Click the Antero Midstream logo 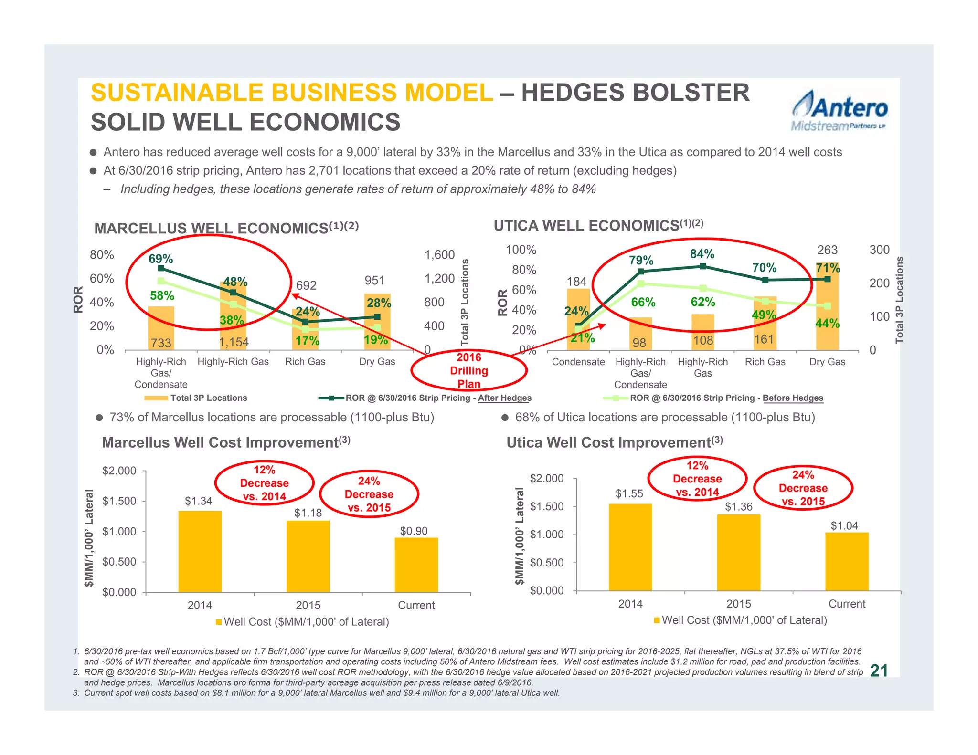tap(839, 111)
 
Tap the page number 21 tap(879, 671)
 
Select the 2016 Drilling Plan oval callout tap(468, 370)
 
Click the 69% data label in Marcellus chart tap(160, 259)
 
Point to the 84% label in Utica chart tap(702, 253)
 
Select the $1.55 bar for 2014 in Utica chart tap(630, 547)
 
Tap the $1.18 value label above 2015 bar tap(308, 513)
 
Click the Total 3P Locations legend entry tap(196, 398)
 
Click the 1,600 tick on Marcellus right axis tap(439, 255)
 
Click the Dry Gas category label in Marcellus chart tap(377, 362)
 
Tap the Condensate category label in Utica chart tap(578, 362)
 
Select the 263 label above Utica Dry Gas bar tap(827, 250)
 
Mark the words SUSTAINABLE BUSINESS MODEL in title tap(292, 93)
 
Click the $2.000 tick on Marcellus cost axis tap(119, 471)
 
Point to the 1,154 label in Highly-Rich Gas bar tap(234, 342)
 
